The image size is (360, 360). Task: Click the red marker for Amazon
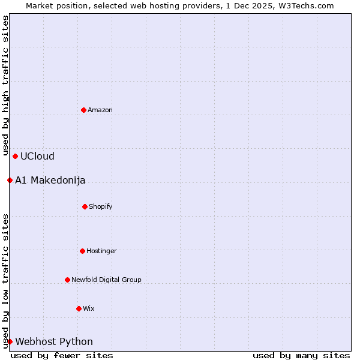pos(83,110)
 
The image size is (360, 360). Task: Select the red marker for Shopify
pos(85,206)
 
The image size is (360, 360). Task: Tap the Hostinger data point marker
pos(82,251)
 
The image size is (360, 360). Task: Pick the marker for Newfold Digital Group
pos(67,280)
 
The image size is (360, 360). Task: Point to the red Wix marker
pos(79,308)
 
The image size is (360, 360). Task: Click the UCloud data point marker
pos(15,156)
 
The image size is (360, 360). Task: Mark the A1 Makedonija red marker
pos(10,180)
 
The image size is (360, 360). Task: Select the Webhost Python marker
pos(10,341)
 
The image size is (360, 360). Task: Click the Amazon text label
pos(100,110)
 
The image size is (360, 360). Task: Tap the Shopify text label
pos(101,206)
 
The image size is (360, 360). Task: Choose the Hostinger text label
pos(101,251)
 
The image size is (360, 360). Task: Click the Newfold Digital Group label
pos(106,280)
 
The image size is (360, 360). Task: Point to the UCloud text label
pos(37,156)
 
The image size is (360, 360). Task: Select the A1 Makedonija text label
pos(50,180)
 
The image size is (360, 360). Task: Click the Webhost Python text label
pos(54,341)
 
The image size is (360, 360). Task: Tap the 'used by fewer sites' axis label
pos(62,355)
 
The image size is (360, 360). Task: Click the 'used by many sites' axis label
pos(301,355)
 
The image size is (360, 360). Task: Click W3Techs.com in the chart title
pos(305,5)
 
